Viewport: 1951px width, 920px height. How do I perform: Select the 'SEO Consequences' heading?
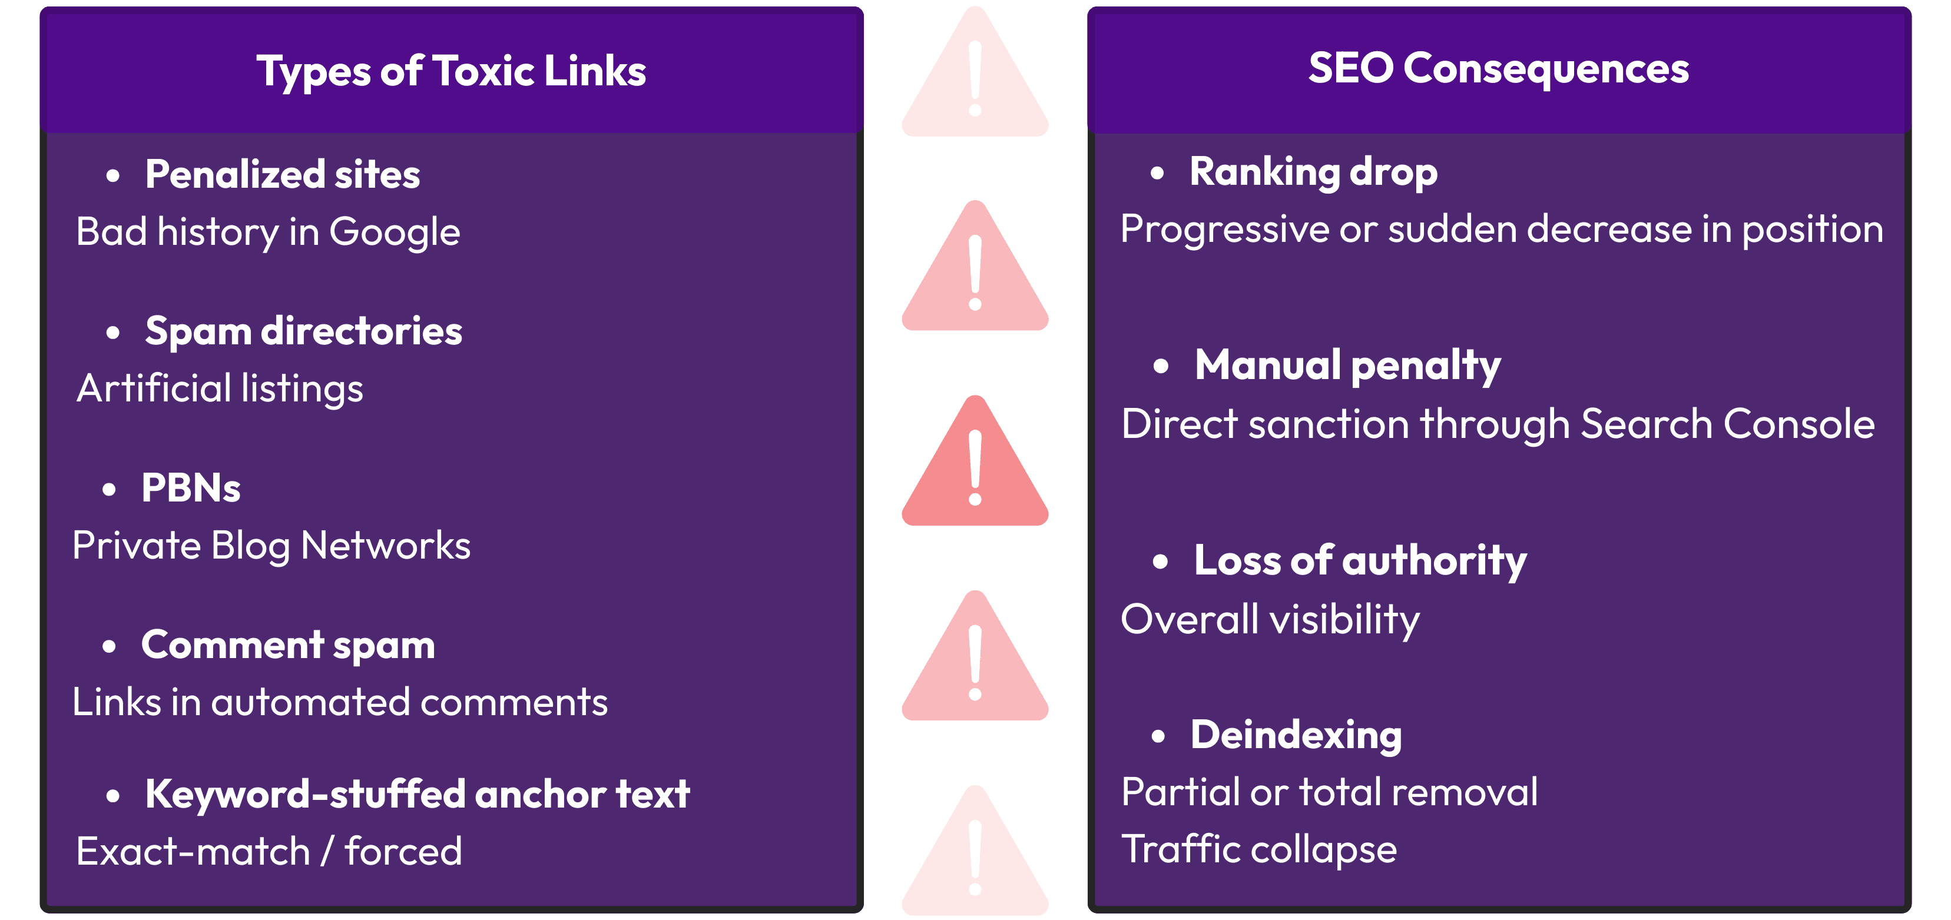[1498, 68]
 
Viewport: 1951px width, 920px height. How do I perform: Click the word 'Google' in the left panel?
[395, 232]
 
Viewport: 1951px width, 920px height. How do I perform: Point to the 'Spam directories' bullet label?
[303, 331]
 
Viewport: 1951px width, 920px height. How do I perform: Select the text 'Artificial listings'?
[220, 388]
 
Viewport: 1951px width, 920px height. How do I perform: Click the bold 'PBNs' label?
[191, 489]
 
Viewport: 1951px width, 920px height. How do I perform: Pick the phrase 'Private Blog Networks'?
[271, 546]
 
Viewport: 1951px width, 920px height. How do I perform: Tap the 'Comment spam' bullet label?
[288, 645]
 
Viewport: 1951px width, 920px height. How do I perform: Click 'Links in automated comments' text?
[339, 703]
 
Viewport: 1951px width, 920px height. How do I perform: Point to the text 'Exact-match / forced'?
[269, 852]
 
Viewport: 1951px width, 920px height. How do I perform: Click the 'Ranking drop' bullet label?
[1313, 172]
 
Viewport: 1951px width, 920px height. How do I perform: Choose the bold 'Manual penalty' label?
[1347, 366]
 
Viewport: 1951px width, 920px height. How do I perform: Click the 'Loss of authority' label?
[1360, 561]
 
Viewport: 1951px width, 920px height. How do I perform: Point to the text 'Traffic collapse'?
[1259, 849]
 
